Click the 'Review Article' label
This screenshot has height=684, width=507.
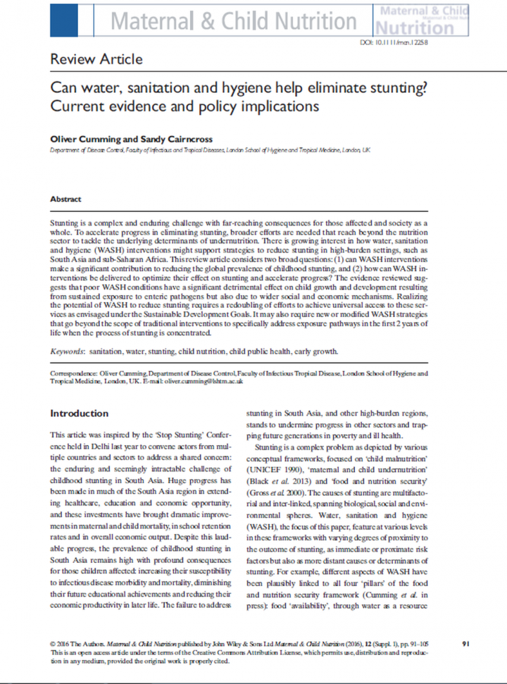coord(96,59)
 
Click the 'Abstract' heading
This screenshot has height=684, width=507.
coord(65,199)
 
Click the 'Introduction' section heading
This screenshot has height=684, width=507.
coord(80,413)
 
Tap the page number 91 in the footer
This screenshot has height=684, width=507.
coord(465,644)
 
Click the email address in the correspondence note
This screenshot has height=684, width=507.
coord(204,381)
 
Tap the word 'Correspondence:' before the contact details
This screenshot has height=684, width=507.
coord(77,372)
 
